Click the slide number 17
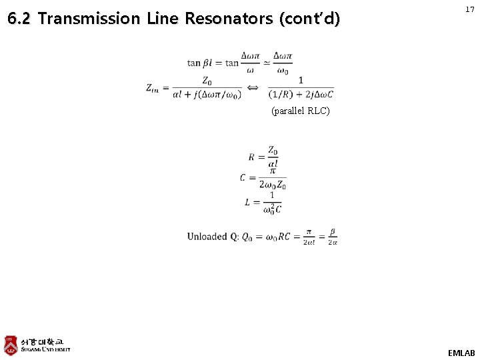(x=470, y=9)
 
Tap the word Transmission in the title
(x=89, y=19)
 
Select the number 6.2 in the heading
(x=20, y=19)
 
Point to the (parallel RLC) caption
(x=300, y=111)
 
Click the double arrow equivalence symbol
(x=253, y=87)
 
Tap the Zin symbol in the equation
(x=153, y=88)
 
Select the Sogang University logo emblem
(x=11, y=345)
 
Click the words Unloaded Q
(x=212, y=237)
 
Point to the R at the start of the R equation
(x=251, y=157)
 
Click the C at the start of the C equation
(x=243, y=178)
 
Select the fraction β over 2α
(x=332, y=237)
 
